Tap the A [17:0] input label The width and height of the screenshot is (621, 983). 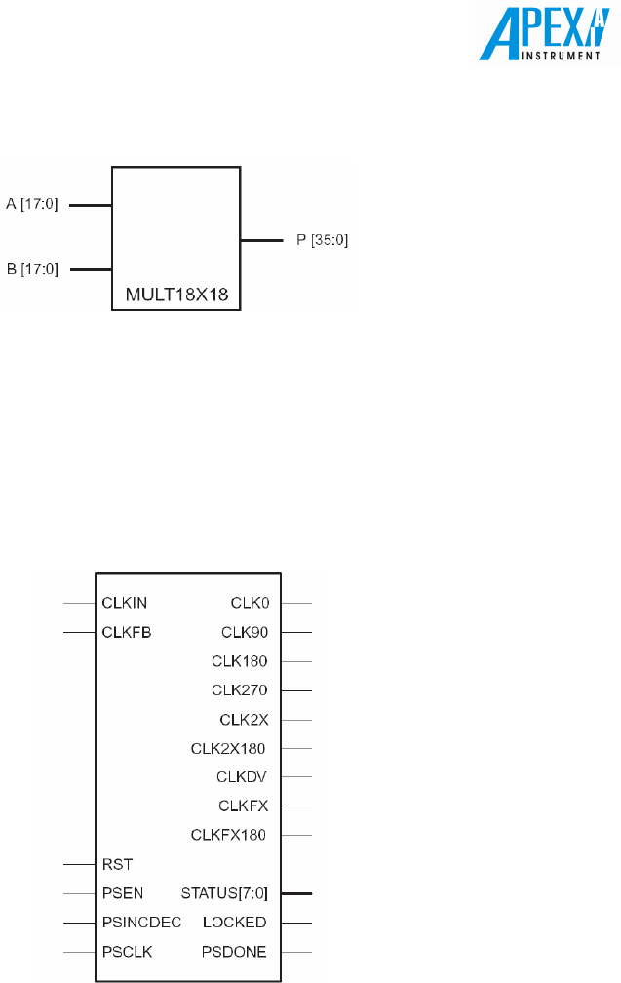pyautogui.click(x=32, y=206)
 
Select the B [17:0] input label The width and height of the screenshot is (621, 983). pyautogui.click(x=32, y=269)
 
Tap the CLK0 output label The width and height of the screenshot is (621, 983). pyautogui.click(x=250, y=603)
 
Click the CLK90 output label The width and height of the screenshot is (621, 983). pyautogui.click(x=245, y=632)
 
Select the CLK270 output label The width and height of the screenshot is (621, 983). pyautogui.click(x=240, y=690)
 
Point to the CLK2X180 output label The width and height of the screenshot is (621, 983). pyautogui.click(x=228, y=749)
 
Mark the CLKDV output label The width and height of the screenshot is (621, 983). pyautogui.click(x=242, y=777)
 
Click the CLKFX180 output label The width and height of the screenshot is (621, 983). pyautogui.click(x=228, y=835)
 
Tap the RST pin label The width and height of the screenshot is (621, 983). pyautogui.click(x=117, y=864)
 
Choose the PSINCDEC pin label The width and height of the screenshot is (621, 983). pyautogui.click(x=141, y=922)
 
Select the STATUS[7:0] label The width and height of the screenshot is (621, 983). pyautogui.click(x=224, y=892)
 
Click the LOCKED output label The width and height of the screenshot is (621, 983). pyautogui.click(x=234, y=922)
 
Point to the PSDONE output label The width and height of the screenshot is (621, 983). pyautogui.click(x=234, y=951)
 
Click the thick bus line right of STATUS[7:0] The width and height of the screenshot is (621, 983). pyautogui.click(x=296, y=892)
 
